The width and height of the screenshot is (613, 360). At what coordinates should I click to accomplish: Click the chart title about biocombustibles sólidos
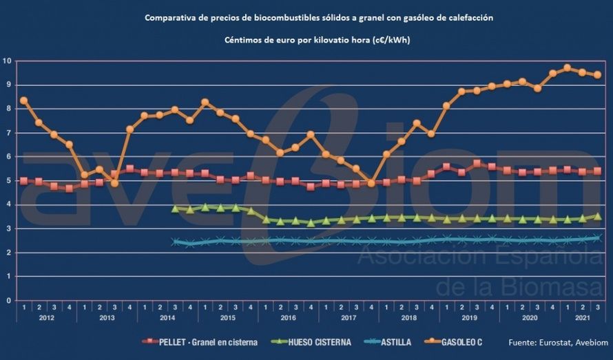click(x=319, y=18)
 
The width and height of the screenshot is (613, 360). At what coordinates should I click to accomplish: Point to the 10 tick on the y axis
click(x=7, y=61)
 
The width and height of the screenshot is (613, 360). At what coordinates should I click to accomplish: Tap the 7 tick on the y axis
click(x=7, y=133)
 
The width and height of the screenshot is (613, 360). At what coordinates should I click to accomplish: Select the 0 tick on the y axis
click(x=7, y=301)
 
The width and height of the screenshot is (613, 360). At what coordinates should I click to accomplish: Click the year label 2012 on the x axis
click(x=46, y=318)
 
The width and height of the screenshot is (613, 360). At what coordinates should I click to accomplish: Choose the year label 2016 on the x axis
click(x=287, y=318)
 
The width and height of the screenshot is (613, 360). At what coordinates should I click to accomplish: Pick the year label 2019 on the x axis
click(x=468, y=318)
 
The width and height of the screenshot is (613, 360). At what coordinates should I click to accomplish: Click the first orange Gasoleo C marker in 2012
click(x=23, y=100)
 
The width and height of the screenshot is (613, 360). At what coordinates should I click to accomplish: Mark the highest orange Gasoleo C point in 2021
click(x=567, y=67)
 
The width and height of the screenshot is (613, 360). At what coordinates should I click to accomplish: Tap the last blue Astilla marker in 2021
click(x=597, y=237)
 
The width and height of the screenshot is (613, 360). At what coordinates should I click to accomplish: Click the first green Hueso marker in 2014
click(x=175, y=208)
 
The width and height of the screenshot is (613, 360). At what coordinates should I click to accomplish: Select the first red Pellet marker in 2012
click(x=23, y=181)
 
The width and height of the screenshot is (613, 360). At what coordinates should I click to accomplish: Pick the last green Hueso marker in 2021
click(x=597, y=216)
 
